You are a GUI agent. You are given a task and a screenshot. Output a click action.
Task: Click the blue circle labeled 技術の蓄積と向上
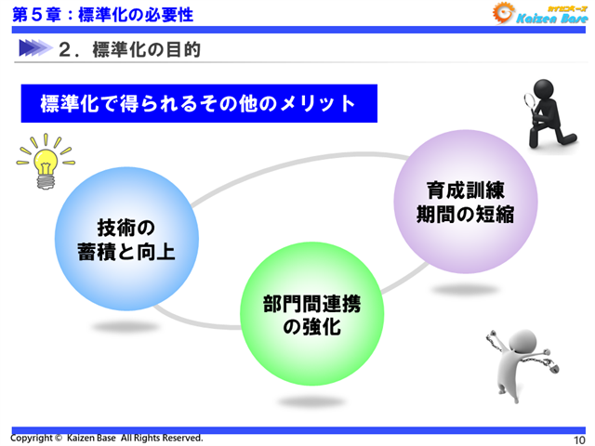126,239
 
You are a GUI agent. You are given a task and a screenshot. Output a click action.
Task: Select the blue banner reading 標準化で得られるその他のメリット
199,103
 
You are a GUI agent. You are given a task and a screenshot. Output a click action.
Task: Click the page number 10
578,439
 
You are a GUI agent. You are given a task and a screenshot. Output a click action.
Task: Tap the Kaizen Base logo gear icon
503,13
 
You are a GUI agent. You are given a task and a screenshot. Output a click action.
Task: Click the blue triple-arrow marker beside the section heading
33,48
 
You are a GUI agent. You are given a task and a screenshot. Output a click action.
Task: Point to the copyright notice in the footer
106,438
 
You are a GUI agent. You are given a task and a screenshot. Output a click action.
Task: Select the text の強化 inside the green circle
311,328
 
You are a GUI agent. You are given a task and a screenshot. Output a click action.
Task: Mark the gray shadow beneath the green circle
311,401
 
